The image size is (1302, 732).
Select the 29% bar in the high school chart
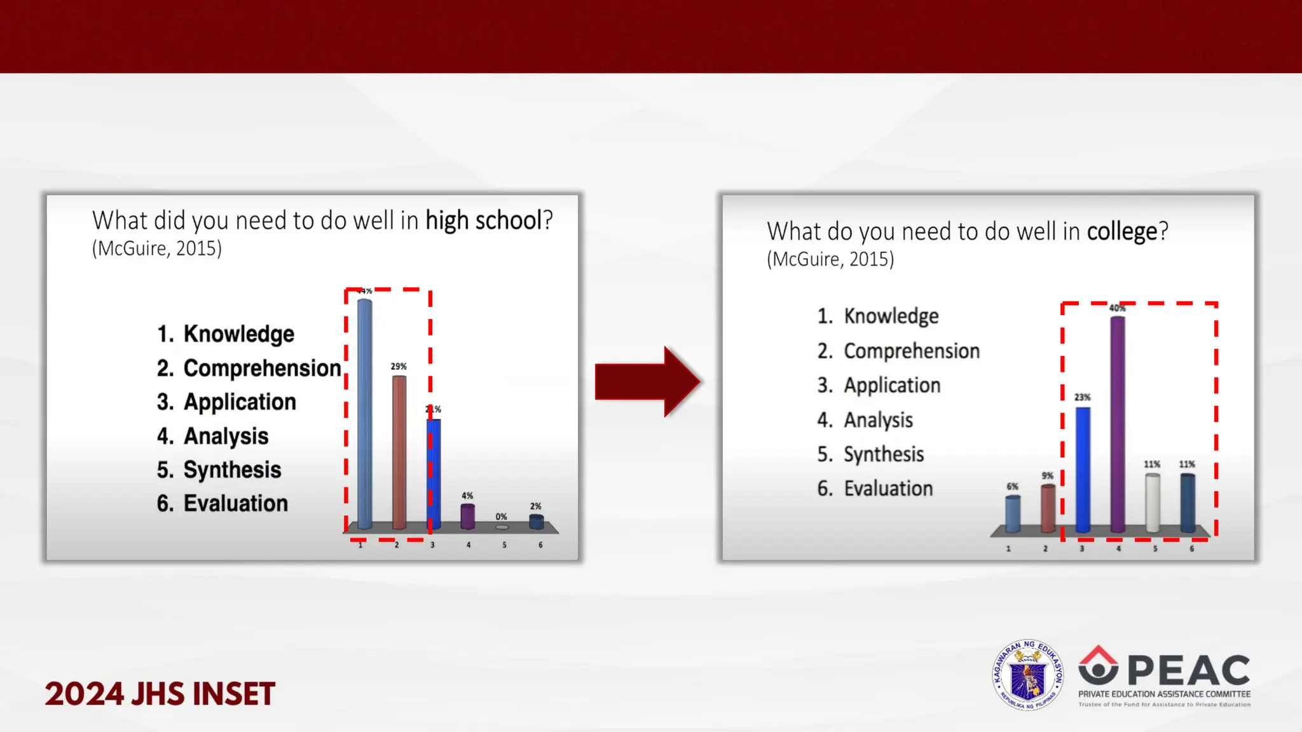click(x=399, y=452)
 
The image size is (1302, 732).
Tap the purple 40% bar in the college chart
click(x=1118, y=424)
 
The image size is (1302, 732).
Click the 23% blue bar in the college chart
click(x=1083, y=470)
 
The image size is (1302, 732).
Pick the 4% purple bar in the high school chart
click(x=467, y=516)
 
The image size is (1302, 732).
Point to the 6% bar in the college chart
click(x=1013, y=513)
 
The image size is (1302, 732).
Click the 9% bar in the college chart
click(x=1048, y=508)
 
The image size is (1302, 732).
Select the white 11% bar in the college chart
click(x=1152, y=503)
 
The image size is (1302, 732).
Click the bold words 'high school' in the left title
click(x=483, y=220)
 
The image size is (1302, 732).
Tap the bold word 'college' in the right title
click(x=1122, y=231)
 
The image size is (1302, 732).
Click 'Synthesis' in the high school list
click(x=232, y=470)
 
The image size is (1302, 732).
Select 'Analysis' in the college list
click(x=878, y=420)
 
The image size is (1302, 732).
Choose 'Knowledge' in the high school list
click(x=238, y=334)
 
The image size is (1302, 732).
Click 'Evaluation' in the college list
click(x=888, y=489)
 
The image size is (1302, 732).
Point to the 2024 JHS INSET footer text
click(x=160, y=693)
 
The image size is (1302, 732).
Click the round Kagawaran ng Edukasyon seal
click(x=1027, y=675)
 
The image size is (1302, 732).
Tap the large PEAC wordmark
click(x=1188, y=670)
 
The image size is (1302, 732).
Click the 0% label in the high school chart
click(x=502, y=517)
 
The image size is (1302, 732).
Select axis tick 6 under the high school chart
click(x=540, y=545)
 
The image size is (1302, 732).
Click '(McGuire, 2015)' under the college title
click(x=830, y=259)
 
